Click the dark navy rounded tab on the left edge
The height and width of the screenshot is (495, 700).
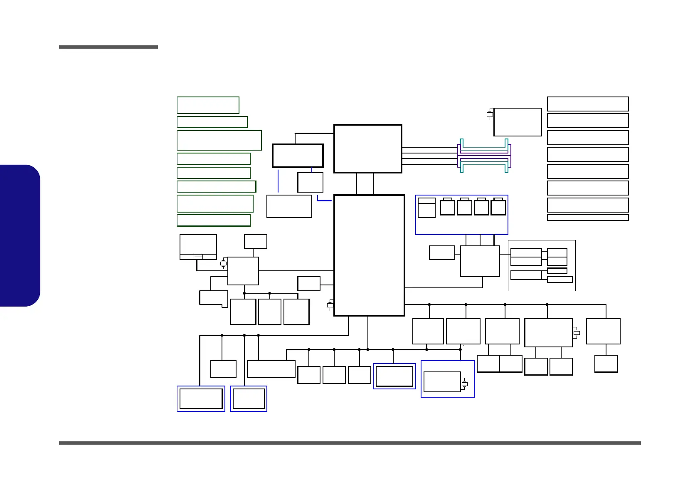coord(20,235)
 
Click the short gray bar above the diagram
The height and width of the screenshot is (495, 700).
coord(108,47)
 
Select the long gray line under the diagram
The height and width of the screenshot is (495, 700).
coord(350,443)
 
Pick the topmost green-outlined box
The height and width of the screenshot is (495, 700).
coord(208,105)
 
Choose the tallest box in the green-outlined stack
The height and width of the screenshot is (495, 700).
coord(219,140)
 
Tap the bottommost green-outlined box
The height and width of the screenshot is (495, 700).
coord(214,220)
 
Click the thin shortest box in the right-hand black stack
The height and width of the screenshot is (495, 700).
coord(587,218)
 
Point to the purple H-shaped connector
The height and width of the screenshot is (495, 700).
coord(484,156)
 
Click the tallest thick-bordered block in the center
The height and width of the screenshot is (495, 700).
coord(369,255)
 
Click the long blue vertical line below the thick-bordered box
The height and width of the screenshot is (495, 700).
coord(278,181)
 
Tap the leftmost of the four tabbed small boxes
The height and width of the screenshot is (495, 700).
coord(447,207)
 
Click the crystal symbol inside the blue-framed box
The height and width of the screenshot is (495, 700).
coord(465,384)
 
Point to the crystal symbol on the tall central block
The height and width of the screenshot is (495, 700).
coord(330,305)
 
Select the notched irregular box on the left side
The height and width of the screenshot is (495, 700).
coord(214,298)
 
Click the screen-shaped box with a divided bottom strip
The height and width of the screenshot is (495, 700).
coord(198,247)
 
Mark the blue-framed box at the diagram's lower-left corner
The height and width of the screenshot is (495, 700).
coord(201,398)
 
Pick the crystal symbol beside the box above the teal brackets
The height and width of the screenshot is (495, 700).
coord(490,114)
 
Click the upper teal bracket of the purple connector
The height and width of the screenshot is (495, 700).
coord(484,144)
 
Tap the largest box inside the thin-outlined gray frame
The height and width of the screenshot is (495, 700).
coord(526,253)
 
